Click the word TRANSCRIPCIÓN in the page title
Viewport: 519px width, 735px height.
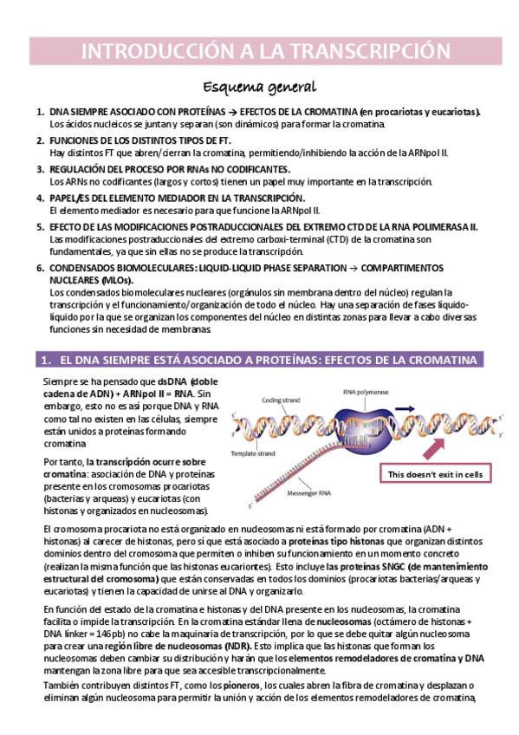tap(368, 52)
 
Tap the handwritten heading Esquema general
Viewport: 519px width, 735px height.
tap(259, 87)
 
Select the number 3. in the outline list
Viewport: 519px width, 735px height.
tap(40, 168)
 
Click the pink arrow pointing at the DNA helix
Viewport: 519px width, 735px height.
tap(433, 447)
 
